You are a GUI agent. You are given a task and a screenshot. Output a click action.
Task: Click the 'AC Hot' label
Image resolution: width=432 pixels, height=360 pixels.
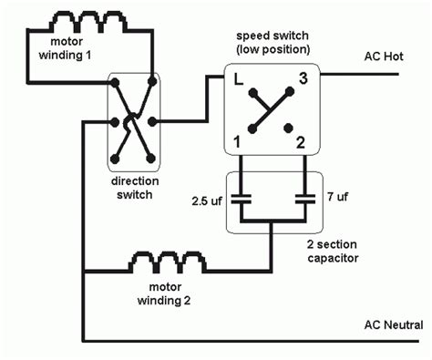pos(383,57)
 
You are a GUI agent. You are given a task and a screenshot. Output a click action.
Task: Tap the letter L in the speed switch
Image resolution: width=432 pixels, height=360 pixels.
pos(238,81)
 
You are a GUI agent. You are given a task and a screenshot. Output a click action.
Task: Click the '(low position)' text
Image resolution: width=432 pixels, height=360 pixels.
pos(272,47)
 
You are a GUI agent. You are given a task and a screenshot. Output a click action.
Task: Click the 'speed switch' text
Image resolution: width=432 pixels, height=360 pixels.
pos(272,33)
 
